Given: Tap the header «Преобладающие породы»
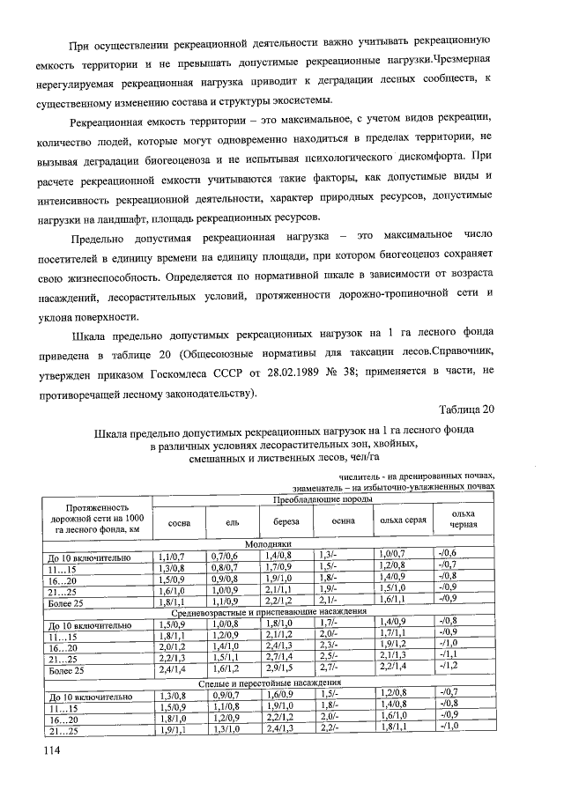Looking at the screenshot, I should click(x=322, y=499).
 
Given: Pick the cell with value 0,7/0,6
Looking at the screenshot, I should click(x=225, y=555).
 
